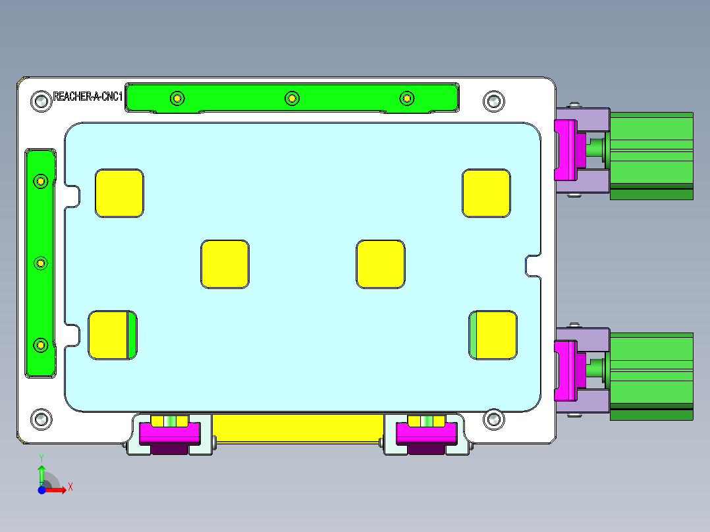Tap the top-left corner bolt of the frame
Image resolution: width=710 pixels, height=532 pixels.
click(41, 101)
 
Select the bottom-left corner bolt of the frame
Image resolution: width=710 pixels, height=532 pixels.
click(41, 419)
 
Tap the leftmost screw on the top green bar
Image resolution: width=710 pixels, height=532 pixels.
click(177, 99)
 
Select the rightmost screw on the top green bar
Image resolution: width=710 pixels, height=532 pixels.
click(407, 99)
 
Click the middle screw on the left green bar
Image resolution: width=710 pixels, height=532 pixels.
click(41, 263)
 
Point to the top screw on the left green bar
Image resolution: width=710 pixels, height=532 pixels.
click(41, 181)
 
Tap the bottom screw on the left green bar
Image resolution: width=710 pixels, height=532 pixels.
click(41, 344)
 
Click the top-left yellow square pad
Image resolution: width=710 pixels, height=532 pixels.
click(119, 193)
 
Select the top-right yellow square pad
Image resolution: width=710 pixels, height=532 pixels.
click(486, 193)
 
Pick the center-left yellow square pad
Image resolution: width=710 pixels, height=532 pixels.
click(225, 264)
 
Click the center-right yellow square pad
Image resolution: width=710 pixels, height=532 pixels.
click(381, 264)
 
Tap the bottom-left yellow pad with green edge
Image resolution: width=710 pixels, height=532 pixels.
click(112, 335)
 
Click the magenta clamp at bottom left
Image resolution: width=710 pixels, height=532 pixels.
click(169, 432)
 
